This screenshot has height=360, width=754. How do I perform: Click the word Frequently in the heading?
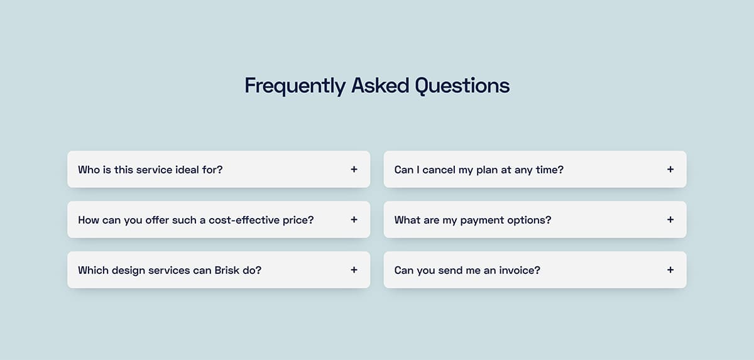click(x=295, y=86)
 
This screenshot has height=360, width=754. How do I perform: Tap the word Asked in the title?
click(x=380, y=85)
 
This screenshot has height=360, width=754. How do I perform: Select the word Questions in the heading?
click(x=462, y=85)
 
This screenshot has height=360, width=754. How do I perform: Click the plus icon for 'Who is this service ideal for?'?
click(x=354, y=169)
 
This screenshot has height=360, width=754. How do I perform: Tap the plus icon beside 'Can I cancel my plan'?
click(x=670, y=169)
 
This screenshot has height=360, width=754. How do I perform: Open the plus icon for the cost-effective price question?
click(x=354, y=220)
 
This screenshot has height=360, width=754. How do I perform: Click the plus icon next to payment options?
click(x=670, y=220)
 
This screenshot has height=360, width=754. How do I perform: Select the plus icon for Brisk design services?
click(x=354, y=270)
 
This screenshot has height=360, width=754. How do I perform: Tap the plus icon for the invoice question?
click(x=670, y=270)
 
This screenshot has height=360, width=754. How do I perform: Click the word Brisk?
click(x=227, y=270)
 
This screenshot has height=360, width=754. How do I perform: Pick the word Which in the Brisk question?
click(x=93, y=270)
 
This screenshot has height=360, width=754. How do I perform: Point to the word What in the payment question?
click(x=407, y=220)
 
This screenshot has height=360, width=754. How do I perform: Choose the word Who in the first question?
click(x=89, y=170)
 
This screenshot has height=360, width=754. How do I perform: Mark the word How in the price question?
click(x=88, y=220)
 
